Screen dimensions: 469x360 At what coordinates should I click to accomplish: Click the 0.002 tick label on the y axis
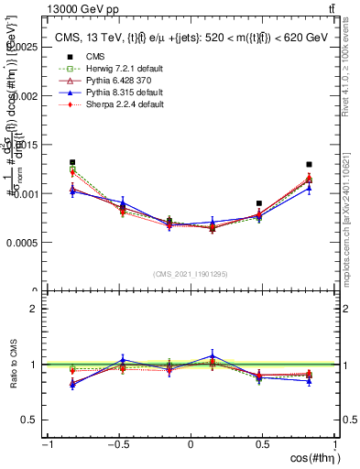[x=27, y=95]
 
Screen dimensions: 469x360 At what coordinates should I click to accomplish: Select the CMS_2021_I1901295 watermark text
[x=190, y=274]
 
